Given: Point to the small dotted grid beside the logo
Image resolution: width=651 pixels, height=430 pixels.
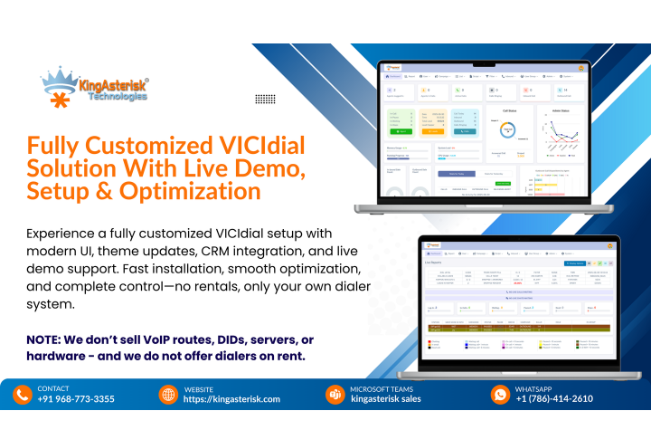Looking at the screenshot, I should tap(265, 99).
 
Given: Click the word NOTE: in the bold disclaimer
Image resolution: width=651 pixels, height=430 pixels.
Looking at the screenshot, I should tap(47, 339).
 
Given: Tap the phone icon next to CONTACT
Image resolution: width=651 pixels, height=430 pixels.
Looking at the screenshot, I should tap(23, 395).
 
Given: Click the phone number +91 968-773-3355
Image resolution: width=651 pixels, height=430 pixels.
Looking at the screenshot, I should tap(76, 399).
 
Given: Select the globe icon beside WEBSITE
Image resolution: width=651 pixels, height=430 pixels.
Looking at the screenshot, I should tap(168, 395).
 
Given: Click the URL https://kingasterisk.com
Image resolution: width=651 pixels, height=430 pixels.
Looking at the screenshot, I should tap(231, 399).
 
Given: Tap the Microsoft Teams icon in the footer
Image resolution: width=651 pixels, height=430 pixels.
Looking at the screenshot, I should tap(334, 395).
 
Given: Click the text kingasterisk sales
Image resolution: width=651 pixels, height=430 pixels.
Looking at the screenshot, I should tap(386, 399).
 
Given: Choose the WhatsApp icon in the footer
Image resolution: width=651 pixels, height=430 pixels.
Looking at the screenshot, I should tap(500, 395).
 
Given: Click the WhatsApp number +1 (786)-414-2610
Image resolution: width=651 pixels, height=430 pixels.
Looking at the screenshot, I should tap(554, 399).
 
